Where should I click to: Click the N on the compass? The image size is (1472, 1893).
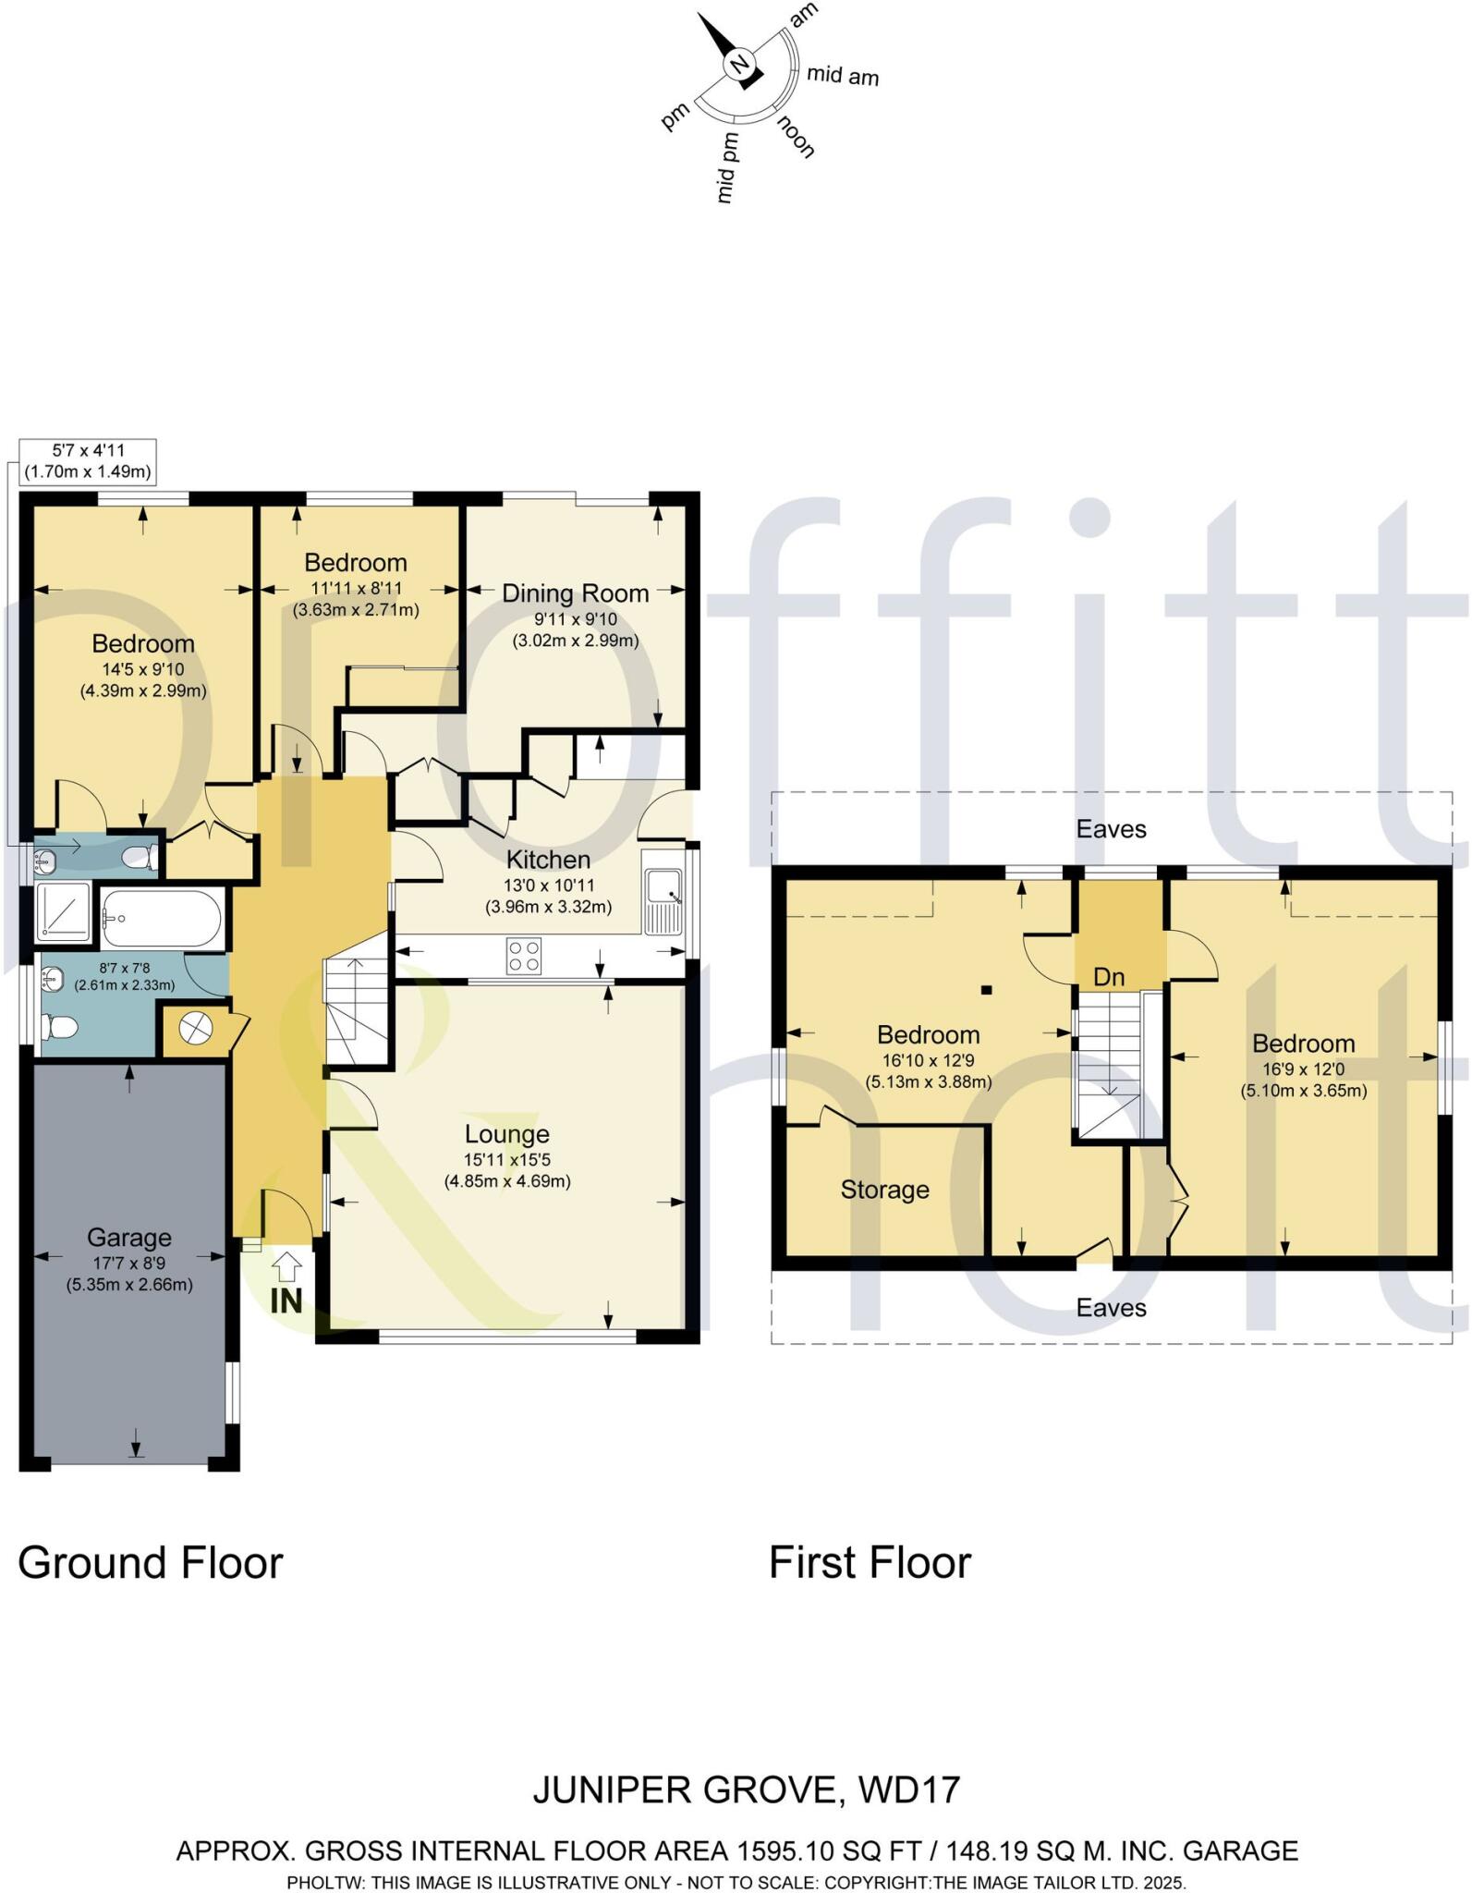pyautogui.click(x=738, y=65)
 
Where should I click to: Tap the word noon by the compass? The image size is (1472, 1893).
pyautogui.click(x=797, y=137)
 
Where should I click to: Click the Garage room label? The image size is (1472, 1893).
pyautogui.click(x=129, y=1237)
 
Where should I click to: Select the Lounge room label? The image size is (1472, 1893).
pyautogui.click(x=506, y=1134)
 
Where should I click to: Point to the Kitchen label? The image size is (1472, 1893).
pyautogui.click(x=548, y=860)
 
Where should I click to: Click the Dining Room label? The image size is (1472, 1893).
pyautogui.click(x=575, y=593)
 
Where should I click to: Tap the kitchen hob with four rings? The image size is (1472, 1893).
pyautogui.click(x=524, y=956)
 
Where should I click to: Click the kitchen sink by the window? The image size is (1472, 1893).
pyautogui.click(x=663, y=893)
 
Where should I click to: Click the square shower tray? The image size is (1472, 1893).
pyautogui.click(x=63, y=914)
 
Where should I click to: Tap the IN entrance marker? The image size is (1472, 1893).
pyautogui.click(x=286, y=1301)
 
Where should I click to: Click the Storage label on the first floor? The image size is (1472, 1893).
pyautogui.click(x=884, y=1190)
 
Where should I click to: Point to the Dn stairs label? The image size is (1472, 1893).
pyautogui.click(x=1109, y=977)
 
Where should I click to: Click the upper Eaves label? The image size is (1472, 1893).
pyautogui.click(x=1111, y=829)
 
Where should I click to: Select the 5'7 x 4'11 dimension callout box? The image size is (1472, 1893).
pyautogui.click(x=88, y=461)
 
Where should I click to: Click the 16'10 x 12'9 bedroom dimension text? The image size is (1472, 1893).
pyautogui.click(x=928, y=1061)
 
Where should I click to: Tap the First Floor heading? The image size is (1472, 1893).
pyautogui.click(x=870, y=1563)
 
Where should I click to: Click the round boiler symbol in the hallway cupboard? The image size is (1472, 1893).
pyautogui.click(x=195, y=1030)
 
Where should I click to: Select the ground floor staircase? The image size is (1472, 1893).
pyautogui.click(x=357, y=1011)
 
